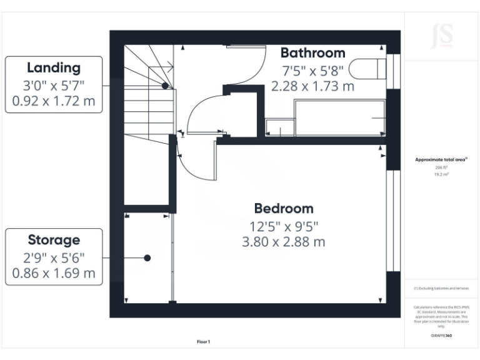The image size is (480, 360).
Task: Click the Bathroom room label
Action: click(x=312, y=52)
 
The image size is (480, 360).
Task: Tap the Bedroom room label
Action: click(x=283, y=208)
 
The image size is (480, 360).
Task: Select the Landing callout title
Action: click(x=53, y=67)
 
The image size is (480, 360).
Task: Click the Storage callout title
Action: click(x=53, y=239)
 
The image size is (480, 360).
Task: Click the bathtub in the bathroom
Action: click(x=339, y=117)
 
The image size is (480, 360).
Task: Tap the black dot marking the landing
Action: click(x=165, y=86)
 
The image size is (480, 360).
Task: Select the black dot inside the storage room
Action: click(x=147, y=257)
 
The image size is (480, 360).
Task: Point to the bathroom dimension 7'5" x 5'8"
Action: click(x=312, y=69)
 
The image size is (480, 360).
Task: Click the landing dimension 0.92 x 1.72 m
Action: click(x=53, y=101)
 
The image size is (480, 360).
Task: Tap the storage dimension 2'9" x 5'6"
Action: click(x=53, y=256)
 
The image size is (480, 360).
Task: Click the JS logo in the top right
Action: click(x=442, y=36)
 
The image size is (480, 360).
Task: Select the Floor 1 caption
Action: click(x=203, y=342)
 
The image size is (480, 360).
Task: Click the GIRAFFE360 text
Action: click(x=441, y=336)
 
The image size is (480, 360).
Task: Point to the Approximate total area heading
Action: click(x=441, y=160)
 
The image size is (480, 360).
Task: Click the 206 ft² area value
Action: click(x=441, y=168)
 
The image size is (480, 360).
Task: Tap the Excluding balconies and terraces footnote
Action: click(x=441, y=289)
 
